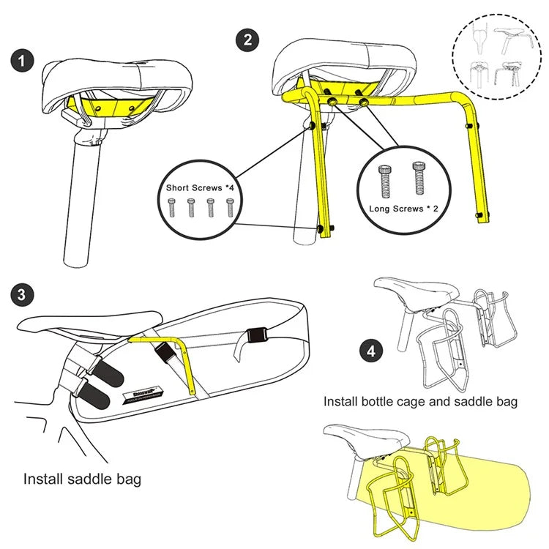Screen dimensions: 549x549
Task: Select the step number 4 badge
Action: [x=373, y=351]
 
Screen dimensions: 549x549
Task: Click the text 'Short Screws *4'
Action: [x=200, y=188]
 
